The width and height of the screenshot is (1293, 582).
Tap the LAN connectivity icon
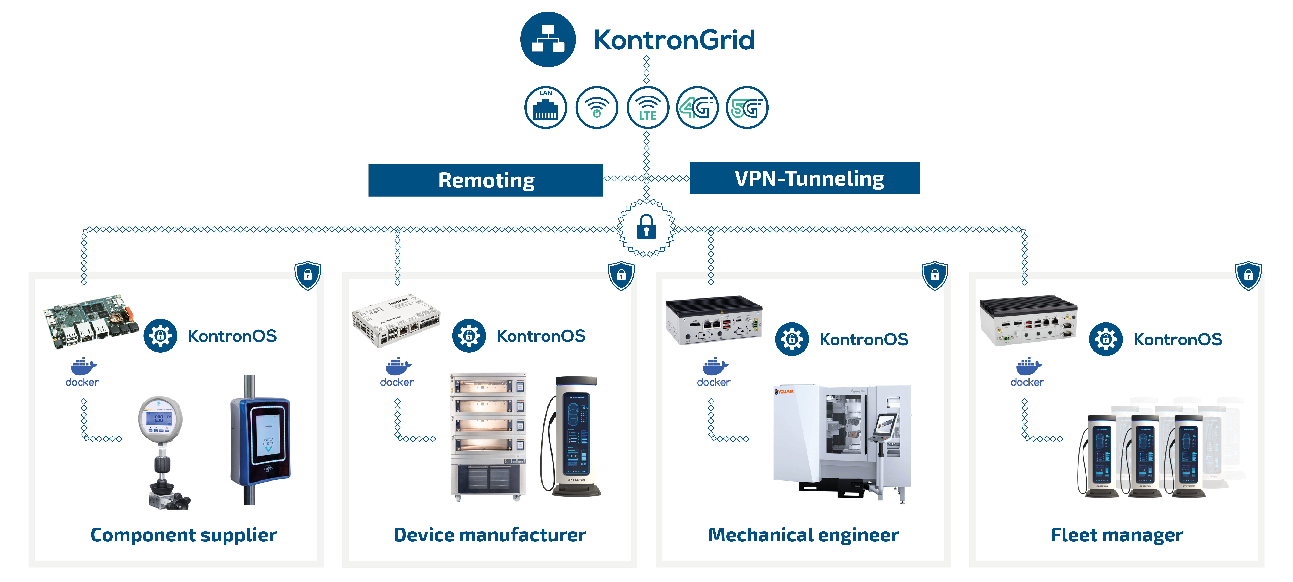(546, 107)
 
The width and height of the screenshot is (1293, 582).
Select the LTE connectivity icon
(647, 107)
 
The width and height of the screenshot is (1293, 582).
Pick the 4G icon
(697, 107)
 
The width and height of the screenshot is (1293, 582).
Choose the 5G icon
(747, 107)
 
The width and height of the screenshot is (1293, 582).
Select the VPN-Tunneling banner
(805, 178)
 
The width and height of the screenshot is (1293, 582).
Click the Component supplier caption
(183, 535)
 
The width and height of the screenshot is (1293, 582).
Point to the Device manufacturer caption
(489, 535)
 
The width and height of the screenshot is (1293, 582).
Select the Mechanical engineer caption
(803, 535)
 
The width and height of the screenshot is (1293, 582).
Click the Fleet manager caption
(1117, 535)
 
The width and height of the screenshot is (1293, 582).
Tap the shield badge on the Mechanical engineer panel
(935, 275)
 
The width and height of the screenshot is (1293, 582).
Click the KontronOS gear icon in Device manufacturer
(469, 335)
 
